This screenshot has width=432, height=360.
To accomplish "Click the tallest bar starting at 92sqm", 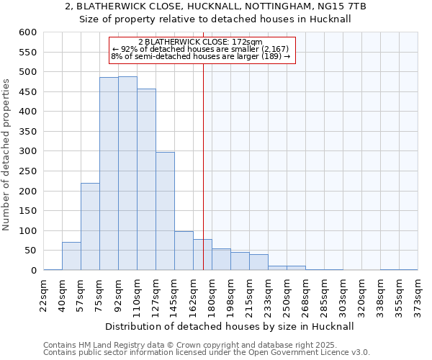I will click(127, 173).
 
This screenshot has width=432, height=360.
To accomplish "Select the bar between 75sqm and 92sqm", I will click(109, 174).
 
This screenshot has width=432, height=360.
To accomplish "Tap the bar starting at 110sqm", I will click(146, 179).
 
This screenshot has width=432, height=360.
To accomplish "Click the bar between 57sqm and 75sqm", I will click(90, 227).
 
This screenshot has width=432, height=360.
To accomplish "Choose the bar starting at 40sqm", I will click(71, 256).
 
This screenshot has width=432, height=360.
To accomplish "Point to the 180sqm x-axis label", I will click(212, 295).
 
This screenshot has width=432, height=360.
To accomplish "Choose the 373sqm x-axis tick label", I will click(418, 295).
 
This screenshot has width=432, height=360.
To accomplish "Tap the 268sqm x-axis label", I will click(306, 295).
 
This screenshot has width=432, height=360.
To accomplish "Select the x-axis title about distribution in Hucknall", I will click(230, 326).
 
